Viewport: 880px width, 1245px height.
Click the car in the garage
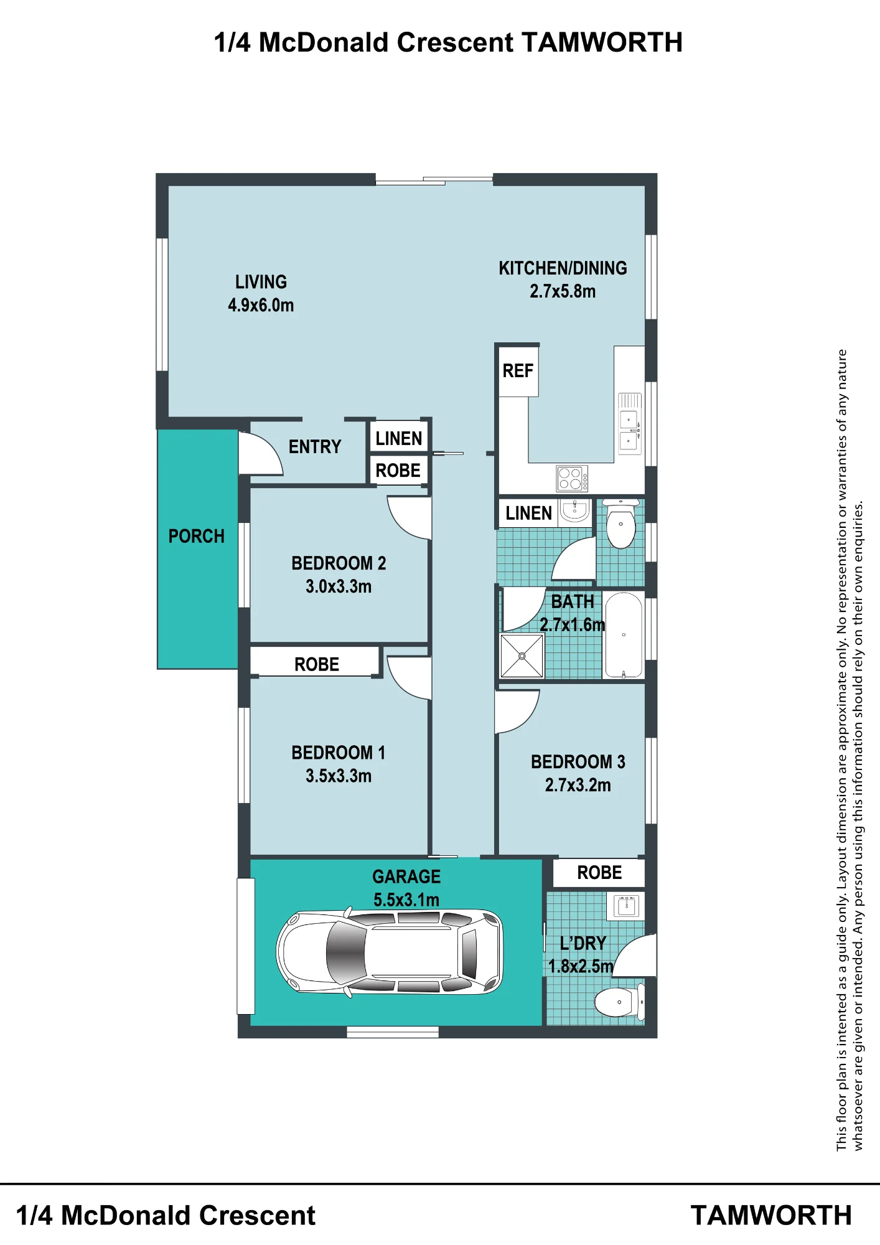pyautogui.click(x=390, y=952)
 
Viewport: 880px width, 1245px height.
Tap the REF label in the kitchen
pyautogui.click(x=518, y=371)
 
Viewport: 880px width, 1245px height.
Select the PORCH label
pyautogui.click(x=196, y=536)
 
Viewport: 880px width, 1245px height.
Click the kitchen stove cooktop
pyautogui.click(x=572, y=478)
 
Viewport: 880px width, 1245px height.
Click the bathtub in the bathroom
pyautogui.click(x=624, y=635)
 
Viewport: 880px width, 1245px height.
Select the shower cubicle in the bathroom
pyautogui.click(x=522, y=656)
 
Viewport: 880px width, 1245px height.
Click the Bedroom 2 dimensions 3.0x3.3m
pyautogui.click(x=339, y=586)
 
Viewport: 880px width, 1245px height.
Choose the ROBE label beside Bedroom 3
pyautogui.click(x=599, y=873)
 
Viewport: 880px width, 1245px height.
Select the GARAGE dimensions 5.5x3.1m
pyautogui.click(x=406, y=900)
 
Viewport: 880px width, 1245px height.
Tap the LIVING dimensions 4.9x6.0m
pyautogui.click(x=261, y=306)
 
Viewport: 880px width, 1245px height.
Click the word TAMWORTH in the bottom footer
pyautogui.click(x=771, y=1216)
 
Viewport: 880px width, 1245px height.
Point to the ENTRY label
pyautogui.click(x=315, y=447)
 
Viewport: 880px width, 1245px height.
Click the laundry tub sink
pyautogui.click(x=626, y=906)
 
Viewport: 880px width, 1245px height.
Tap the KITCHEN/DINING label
pyautogui.click(x=563, y=268)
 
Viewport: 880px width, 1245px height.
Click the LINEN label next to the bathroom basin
pyautogui.click(x=528, y=514)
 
